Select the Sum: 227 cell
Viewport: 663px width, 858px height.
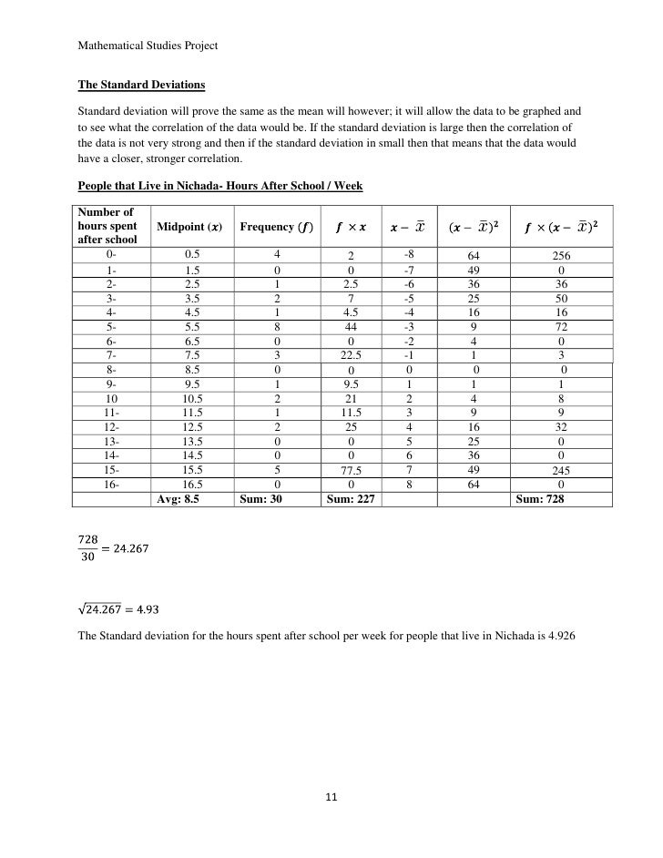click(x=350, y=499)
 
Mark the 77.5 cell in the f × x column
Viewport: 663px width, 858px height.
click(x=351, y=471)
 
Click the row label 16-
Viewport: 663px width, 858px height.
click(x=112, y=485)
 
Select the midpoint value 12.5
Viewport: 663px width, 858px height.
click(x=192, y=426)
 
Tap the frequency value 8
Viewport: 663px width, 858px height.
click(x=275, y=326)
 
